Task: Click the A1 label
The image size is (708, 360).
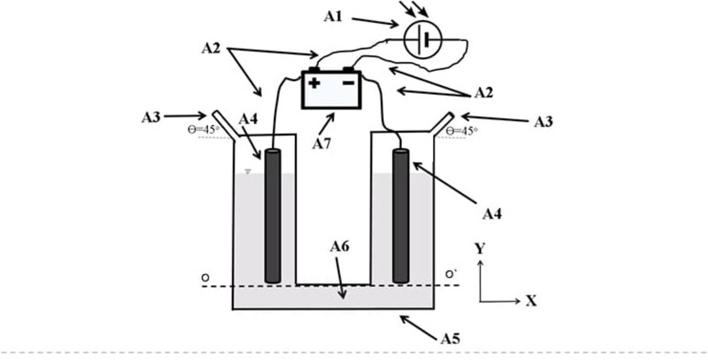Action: (x=333, y=17)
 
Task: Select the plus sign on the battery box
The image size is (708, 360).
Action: (x=314, y=83)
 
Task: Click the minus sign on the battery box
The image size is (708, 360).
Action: (x=349, y=83)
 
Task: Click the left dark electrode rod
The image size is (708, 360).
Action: (x=273, y=215)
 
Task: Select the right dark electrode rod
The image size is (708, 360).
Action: (x=401, y=215)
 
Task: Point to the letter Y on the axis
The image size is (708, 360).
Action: (x=480, y=249)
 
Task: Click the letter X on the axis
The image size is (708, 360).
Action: (x=531, y=301)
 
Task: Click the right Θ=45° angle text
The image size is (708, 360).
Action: (x=461, y=131)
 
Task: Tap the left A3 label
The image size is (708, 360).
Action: (x=151, y=117)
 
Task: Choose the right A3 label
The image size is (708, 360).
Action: (x=543, y=122)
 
